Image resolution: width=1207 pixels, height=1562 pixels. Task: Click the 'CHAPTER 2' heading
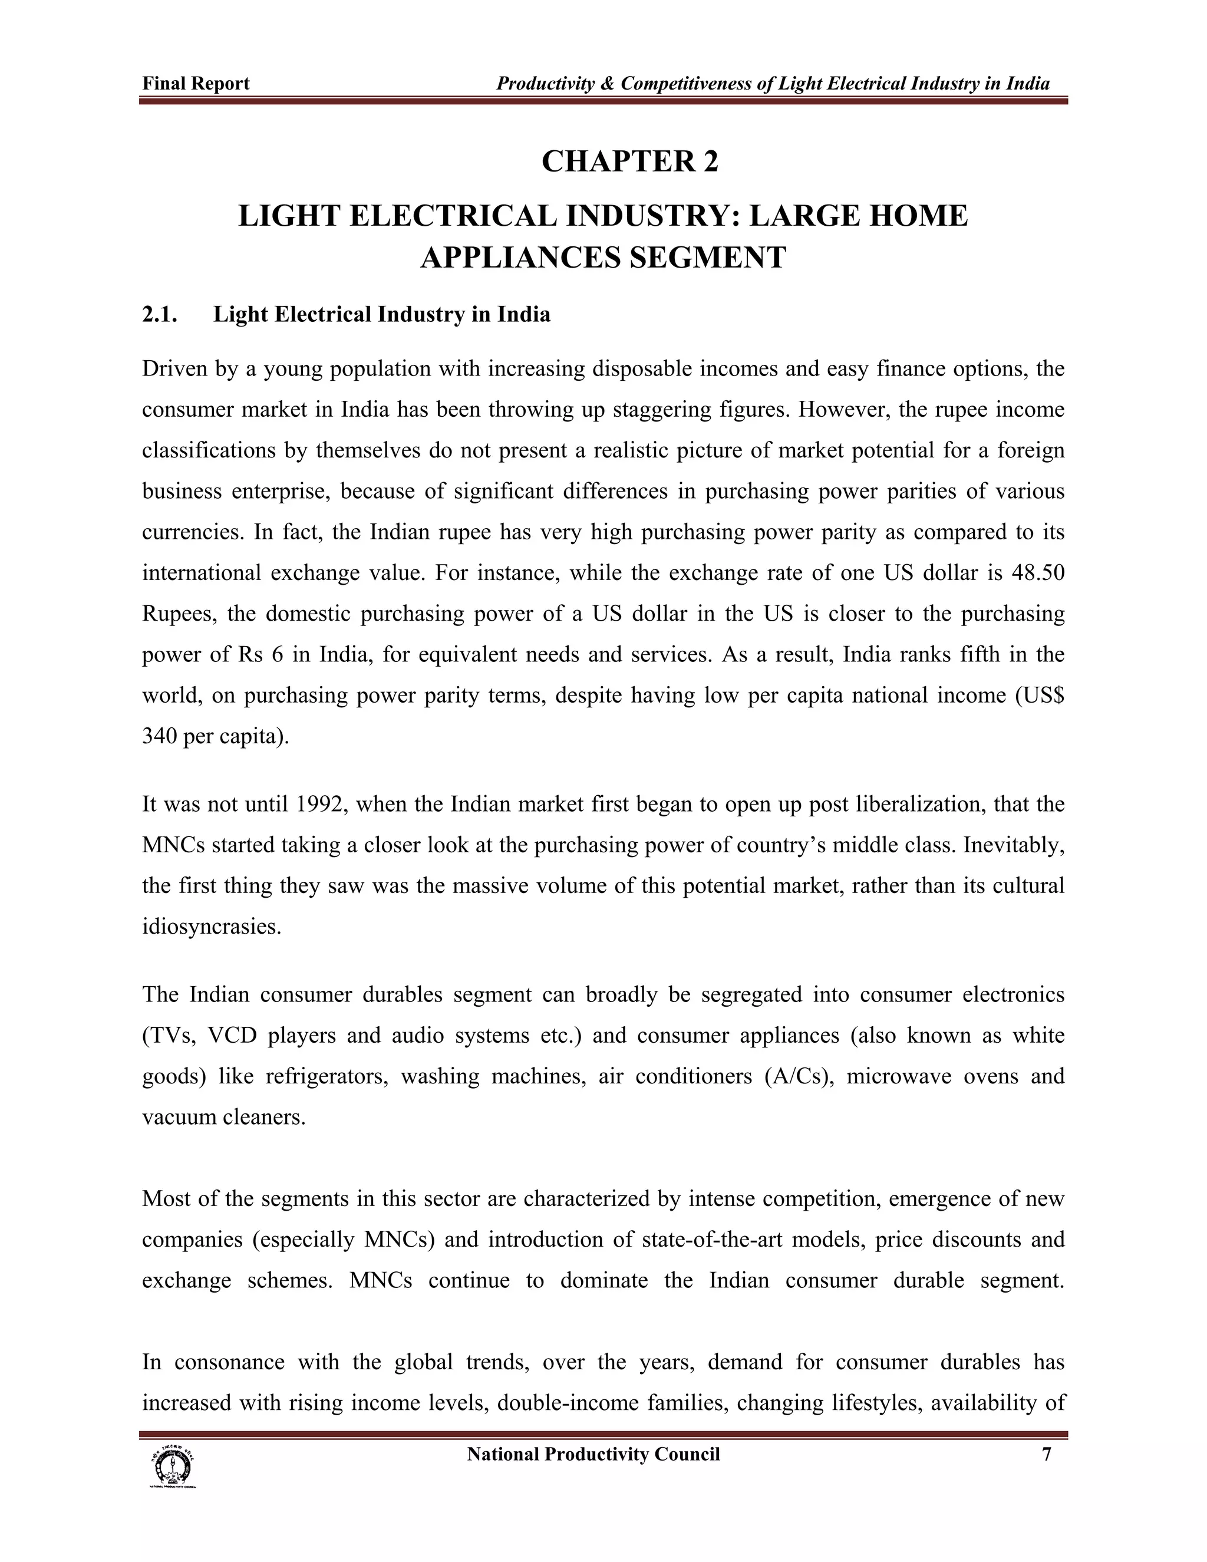629,161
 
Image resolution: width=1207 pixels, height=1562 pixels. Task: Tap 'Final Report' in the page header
196,84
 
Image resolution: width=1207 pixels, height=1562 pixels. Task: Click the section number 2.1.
160,315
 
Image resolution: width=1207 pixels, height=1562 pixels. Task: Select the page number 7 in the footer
1046,1454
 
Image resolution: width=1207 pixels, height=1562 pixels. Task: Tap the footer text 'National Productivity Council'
593,1454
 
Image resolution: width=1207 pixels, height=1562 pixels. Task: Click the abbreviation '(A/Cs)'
799,1076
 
